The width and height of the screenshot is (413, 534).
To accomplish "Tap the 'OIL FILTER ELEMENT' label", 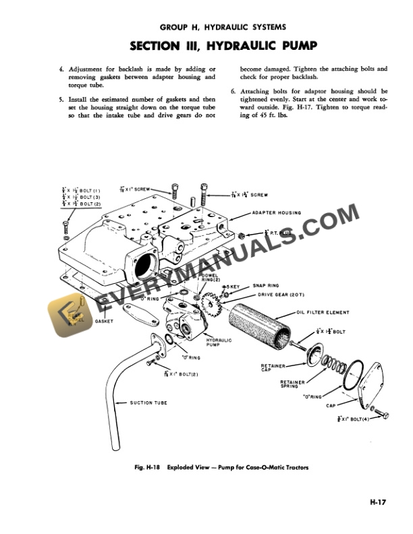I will [324, 312].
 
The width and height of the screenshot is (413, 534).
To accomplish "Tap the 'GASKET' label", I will [105, 321].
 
